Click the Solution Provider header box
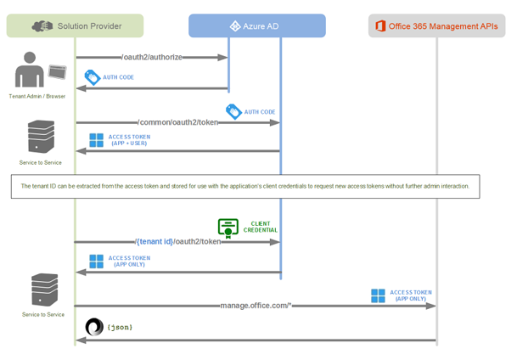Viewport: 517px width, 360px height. point(75,26)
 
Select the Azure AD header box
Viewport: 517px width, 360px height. point(256,26)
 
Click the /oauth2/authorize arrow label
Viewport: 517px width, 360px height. point(152,58)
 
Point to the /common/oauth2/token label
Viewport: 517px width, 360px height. point(178,122)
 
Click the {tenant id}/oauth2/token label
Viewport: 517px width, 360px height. point(178,241)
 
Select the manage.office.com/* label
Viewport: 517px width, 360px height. point(255,306)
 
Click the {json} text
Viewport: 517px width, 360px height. point(120,327)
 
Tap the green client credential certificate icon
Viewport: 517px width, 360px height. point(228,228)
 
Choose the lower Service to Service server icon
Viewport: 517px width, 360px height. point(44,290)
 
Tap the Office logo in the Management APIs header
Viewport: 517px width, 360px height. point(379,26)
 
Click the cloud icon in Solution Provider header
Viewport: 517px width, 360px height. point(42,26)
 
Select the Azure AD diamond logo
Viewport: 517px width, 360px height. point(235,26)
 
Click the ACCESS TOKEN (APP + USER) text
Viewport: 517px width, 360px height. point(130,140)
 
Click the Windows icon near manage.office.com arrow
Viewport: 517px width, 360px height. point(378,295)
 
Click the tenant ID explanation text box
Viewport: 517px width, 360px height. point(244,186)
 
